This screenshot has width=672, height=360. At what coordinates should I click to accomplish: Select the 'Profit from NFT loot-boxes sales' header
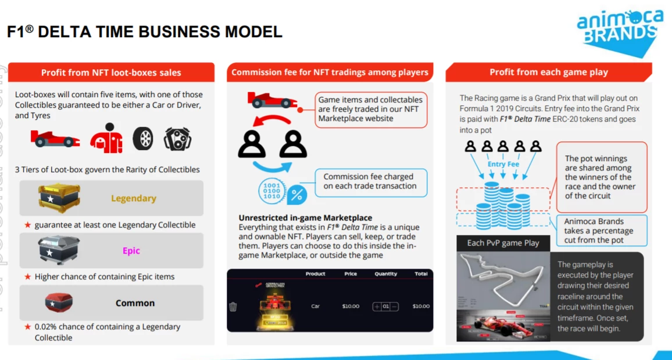click(111, 73)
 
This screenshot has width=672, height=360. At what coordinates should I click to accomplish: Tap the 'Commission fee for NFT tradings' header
click(330, 72)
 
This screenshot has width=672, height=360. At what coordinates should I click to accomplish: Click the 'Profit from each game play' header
click(548, 72)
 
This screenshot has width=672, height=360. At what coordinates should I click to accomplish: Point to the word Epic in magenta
click(131, 251)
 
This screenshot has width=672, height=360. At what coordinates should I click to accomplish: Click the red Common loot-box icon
click(59, 302)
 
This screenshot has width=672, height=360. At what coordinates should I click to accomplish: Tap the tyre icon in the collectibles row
click(143, 138)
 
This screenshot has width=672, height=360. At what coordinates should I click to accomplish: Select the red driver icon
click(106, 138)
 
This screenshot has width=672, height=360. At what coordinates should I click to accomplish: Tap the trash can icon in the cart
click(233, 306)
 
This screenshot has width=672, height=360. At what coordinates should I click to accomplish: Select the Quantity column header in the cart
click(385, 273)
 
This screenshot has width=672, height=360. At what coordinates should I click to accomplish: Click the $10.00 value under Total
click(420, 306)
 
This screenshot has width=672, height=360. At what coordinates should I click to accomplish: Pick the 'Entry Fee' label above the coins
click(503, 164)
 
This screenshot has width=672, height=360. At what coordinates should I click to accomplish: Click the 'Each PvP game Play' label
click(503, 243)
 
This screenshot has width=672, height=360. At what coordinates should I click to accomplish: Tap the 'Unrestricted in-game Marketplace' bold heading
click(305, 218)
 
